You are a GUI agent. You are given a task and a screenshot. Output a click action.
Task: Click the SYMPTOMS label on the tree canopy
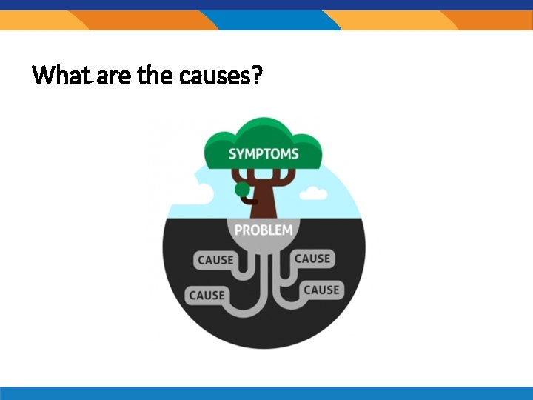click(264, 154)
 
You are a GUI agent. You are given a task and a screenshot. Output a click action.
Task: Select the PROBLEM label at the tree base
click(264, 230)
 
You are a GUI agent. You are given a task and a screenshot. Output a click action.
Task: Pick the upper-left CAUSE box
click(215, 260)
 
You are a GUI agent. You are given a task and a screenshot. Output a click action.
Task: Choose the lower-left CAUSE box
click(207, 295)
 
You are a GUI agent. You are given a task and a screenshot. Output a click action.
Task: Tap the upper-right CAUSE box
click(312, 259)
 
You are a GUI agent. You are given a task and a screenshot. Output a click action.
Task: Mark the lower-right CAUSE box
click(321, 290)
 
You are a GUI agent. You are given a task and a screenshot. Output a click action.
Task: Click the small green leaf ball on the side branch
click(242, 190)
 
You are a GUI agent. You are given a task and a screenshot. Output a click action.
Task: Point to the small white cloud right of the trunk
click(314, 194)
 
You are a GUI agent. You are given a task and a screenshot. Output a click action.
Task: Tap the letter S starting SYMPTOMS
click(232, 154)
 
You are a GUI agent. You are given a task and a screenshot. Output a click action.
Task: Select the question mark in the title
click(256, 75)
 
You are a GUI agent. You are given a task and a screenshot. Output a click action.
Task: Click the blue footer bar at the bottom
click(266, 393)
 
